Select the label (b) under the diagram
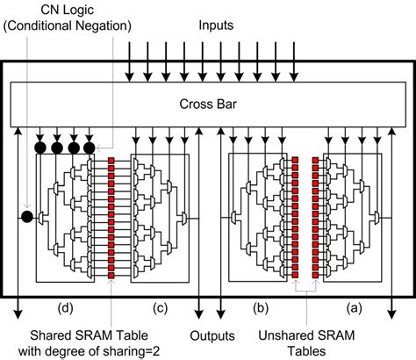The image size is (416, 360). click(x=260, y=307)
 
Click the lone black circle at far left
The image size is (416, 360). click(x=27, y=216)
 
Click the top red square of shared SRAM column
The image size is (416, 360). click(x=111, y=161)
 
